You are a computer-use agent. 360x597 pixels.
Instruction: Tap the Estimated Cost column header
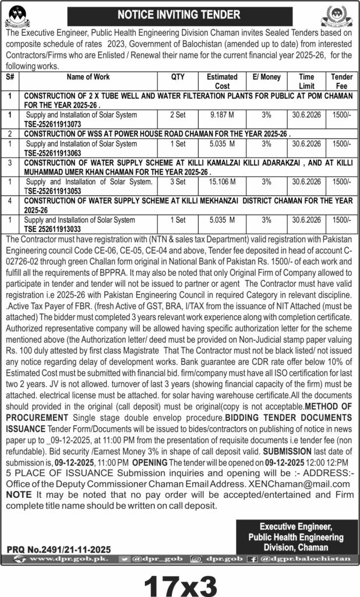pyautogui.click(x=222, y=80)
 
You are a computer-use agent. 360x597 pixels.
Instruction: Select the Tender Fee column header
pyautogui.click(x=341, y=80)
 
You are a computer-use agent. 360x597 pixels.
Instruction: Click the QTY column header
pyautogui.click(x=178, y=77)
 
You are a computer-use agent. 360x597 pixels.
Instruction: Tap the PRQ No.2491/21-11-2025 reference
pyautogui.click(x=58, y=549)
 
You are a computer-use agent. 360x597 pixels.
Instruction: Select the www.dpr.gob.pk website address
pyautogui.click(x=52, y=559)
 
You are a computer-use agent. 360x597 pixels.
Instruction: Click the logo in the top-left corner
pyautogui.click(x=19, y=16)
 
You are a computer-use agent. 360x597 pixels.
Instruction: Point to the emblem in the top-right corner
pyautogui.click(x=341, y=16)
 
